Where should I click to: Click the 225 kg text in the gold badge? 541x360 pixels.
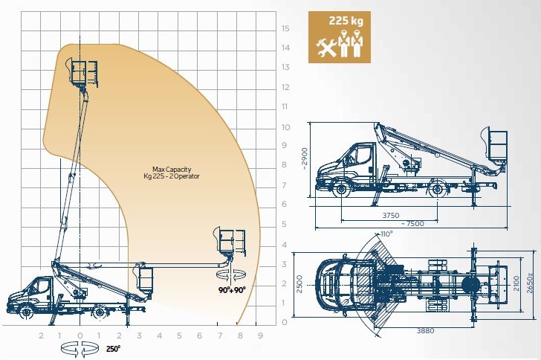point(346,21)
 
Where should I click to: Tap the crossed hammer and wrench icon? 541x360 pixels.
point(325,48)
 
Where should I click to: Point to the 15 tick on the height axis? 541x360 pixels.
point(285,28)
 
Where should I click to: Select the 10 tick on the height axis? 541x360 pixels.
point(285,127)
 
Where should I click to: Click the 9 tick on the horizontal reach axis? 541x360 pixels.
point(261,335)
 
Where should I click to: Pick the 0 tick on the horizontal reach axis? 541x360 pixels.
point(80,335)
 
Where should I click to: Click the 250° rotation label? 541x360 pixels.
point(114,349)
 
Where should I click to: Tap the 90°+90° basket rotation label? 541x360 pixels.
point(232,290)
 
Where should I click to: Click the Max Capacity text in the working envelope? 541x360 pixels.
point(172,170)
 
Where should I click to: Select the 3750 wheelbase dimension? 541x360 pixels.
point(391,215)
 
